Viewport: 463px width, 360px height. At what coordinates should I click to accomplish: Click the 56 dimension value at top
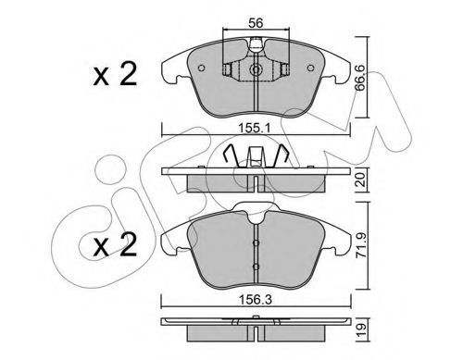coord(256,23)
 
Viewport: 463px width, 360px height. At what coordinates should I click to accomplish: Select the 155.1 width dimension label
coord(256,128)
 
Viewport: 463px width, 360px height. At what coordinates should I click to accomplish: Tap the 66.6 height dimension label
coord(359,78)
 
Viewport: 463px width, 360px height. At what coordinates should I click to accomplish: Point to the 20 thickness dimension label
coord(360,180)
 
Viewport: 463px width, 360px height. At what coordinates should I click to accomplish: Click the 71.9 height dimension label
coord(361,245)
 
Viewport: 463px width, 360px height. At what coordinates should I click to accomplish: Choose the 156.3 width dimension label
coord(257,300)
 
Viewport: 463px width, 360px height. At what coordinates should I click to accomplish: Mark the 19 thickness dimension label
coord(361,330)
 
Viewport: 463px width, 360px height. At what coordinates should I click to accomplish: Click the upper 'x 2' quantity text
coord(115,74)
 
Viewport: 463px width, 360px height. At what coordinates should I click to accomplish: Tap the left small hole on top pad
coord(201,68)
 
